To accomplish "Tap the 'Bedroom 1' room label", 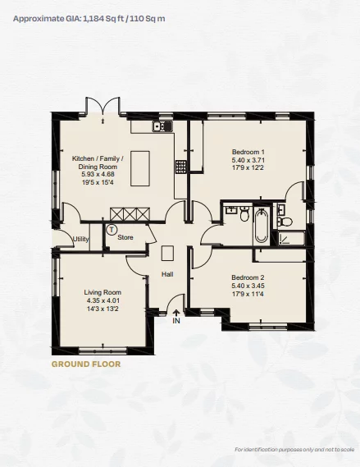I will tap(248, 152).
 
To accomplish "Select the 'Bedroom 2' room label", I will tap(248, 277).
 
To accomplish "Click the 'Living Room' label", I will tap(103, 292).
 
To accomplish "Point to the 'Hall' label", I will tap(167, 274).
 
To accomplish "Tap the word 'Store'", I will tap(125, 238).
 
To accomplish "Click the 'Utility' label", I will tap(80, 240).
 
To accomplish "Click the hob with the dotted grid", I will tap(180, 166).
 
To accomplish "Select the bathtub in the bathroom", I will tap(261, 226).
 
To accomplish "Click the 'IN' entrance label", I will tap(175, 322).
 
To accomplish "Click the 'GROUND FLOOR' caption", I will tap(86, 363).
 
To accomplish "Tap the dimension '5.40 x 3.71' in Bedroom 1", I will tap(248, 160).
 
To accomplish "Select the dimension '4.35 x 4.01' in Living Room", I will tap(103, 300).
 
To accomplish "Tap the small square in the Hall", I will tap(167, 253).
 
